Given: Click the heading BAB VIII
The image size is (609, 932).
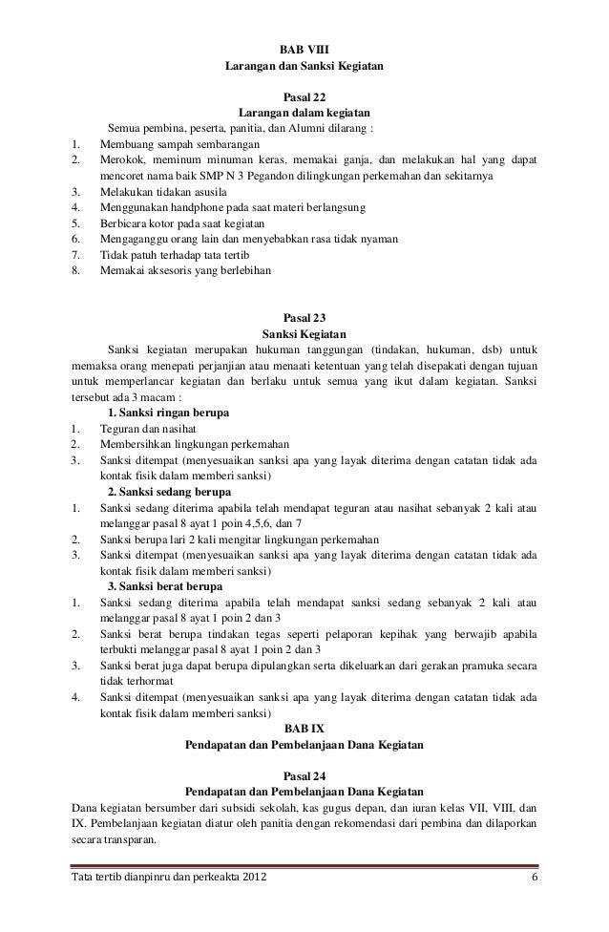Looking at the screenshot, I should pos(304,50).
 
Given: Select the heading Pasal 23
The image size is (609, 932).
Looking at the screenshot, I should pos(304,317).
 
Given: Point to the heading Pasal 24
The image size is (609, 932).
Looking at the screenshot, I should pos(304,775).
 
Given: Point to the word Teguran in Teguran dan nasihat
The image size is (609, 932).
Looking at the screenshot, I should pos(121,429).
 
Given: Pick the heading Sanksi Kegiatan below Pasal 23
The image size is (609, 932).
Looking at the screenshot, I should pos(304,334).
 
